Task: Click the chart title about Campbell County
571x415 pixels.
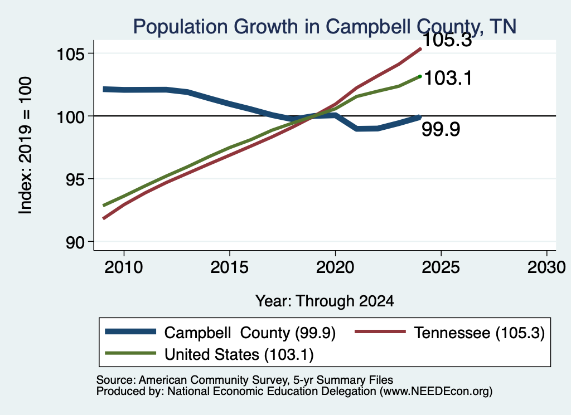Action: (325, 27)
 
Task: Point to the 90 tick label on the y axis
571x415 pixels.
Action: (75, 243)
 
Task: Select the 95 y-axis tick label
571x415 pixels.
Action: (75, 180)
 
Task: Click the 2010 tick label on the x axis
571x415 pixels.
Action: (124, 267)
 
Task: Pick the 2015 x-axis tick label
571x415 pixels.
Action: (229, 267)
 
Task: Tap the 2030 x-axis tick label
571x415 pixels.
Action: (546, 267)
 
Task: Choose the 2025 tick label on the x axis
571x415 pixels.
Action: (441, 267)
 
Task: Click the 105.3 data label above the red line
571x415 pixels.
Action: (447, 40)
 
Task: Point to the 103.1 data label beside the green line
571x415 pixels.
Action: (448, 78)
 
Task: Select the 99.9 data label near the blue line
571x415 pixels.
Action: (441, 129)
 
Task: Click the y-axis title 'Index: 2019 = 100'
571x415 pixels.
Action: (25, 145)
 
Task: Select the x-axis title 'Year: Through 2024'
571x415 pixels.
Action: (325, 301)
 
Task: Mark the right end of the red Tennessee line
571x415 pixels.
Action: (420, 48)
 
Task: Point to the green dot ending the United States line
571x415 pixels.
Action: (420, 76)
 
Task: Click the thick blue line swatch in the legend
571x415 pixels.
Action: (130, 331)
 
